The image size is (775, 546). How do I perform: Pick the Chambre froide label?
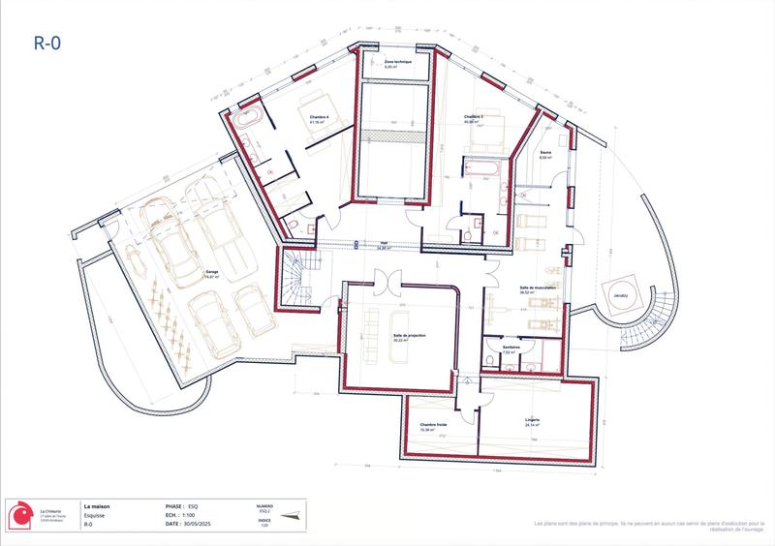[432, 424]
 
